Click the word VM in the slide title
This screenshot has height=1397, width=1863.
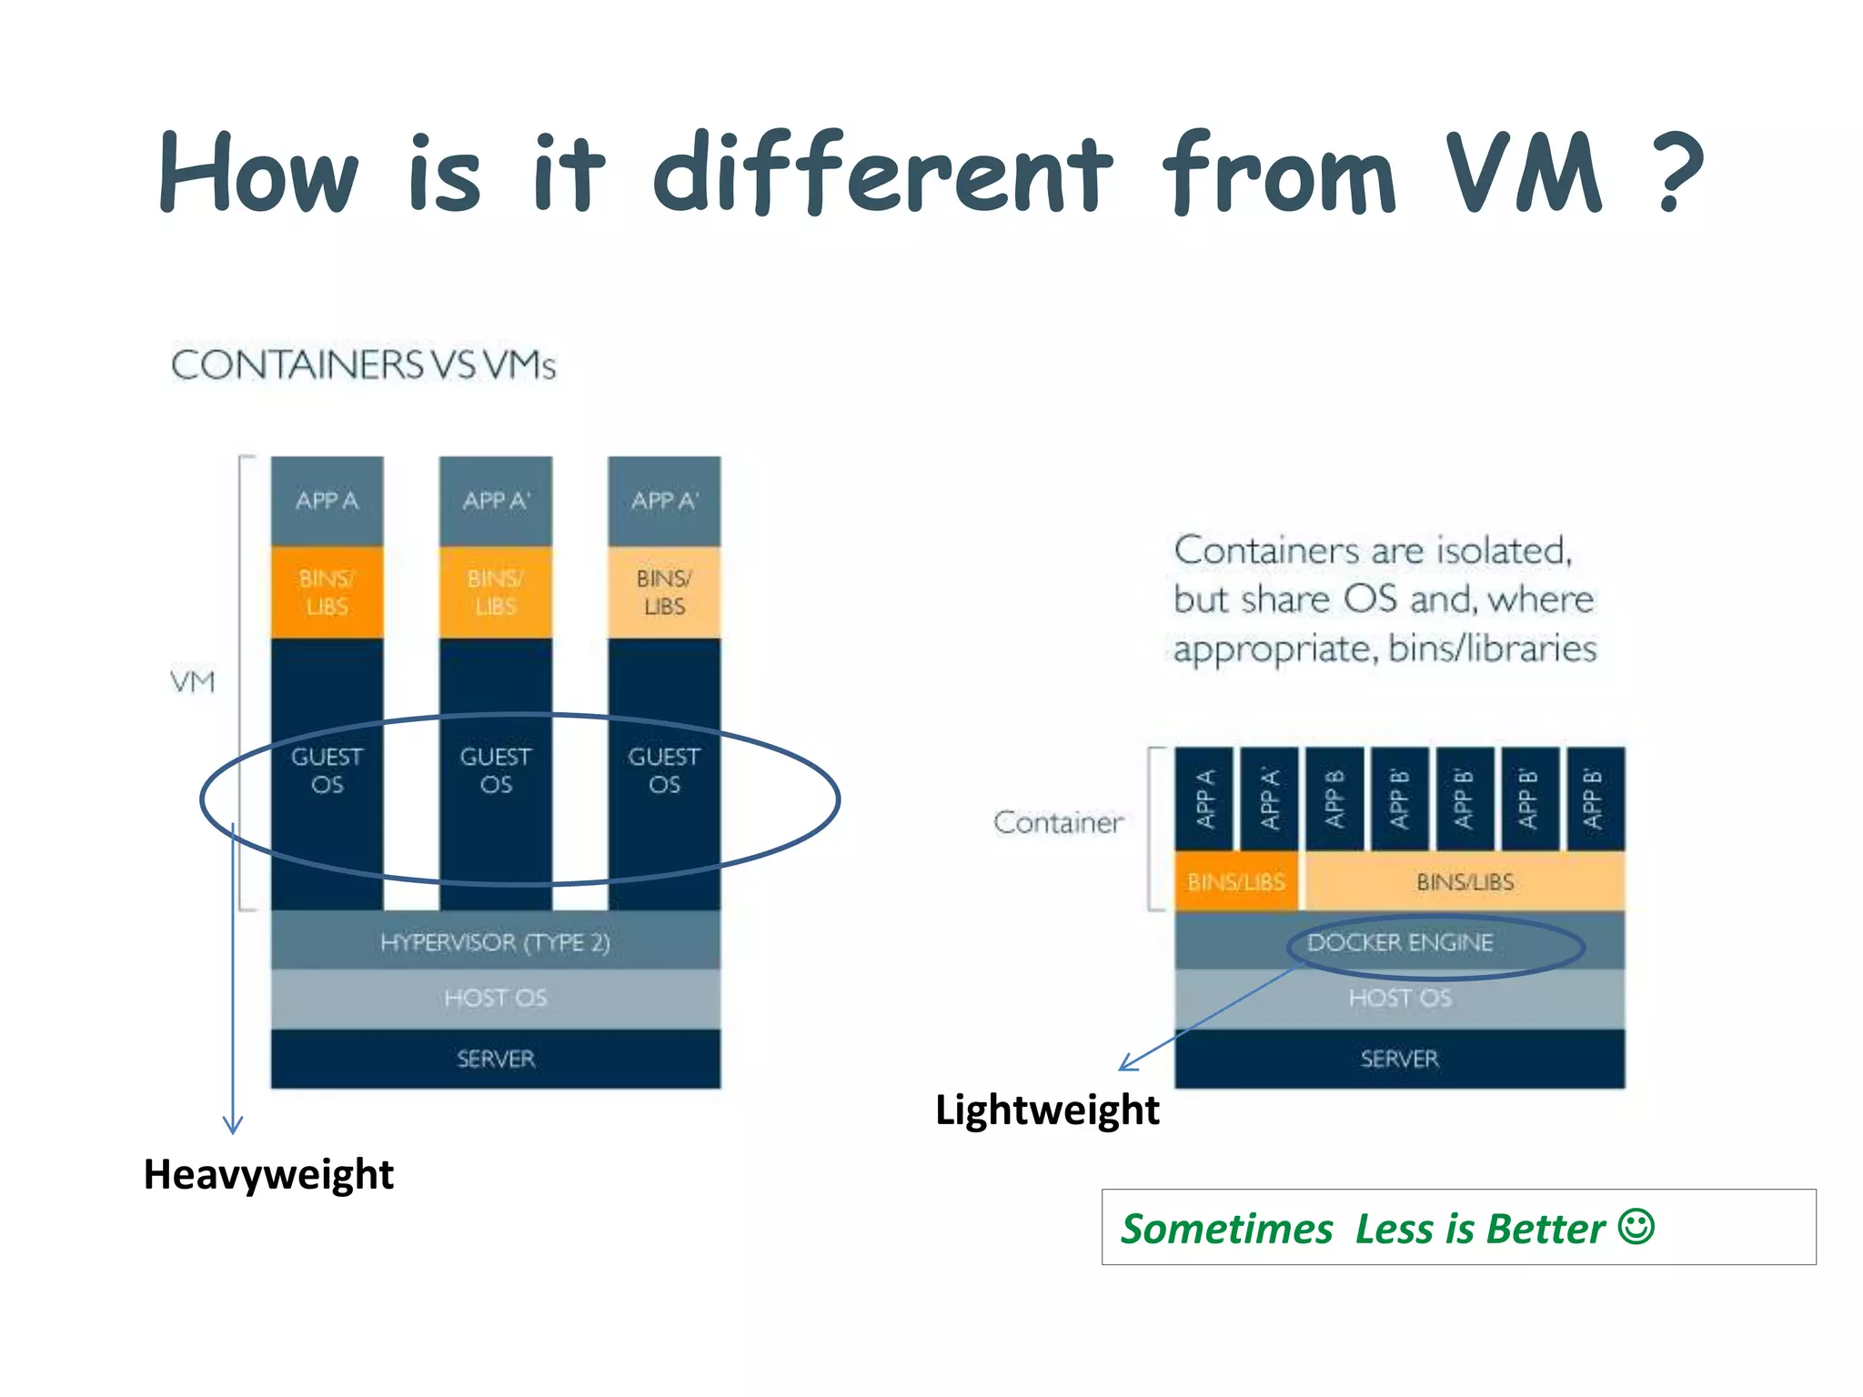pyautogui.click(x=1524, y=173)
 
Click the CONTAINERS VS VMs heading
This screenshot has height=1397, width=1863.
pyautogui.click(x=363, y=365)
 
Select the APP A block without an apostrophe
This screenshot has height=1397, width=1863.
pyautogui.click(x=327, y=500)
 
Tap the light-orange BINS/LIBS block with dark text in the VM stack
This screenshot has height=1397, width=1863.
pyautogui.click(x=664, y=592)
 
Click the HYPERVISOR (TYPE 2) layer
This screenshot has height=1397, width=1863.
pyautogui.click(x=495, y=941)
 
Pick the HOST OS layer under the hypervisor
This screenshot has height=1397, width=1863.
pyautogui.click(x=495, y=998)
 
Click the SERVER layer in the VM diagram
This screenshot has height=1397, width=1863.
pyautogui.click(x=495, y=1059)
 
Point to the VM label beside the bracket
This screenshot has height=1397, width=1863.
pyautogui.click(x=193, y=682)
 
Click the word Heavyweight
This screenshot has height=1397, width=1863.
pyautogui.click(x=268, y=1174)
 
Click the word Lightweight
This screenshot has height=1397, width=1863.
pyautogui.click(x=1047, y=1111)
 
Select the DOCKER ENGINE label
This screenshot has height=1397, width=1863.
pyautogui.click(x=1400, y=942)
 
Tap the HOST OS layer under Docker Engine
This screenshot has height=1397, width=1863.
pyautogui.click(x=1400, y=998)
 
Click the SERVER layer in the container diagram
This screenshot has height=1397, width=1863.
pyautogui.click(x=1400, y=1059)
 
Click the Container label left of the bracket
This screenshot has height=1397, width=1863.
pyautogui.click(x=1058, y=822)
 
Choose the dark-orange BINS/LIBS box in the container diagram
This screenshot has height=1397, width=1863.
pyautogui.click(x=1235, y=881)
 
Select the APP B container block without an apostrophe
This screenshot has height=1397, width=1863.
pyautogui.click(x=1334, y=799)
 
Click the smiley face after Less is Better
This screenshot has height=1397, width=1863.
pyautogui.click(x=1636, y=1226)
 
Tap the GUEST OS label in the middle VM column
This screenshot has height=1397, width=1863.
pyautogui.click(x=495, y=770)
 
